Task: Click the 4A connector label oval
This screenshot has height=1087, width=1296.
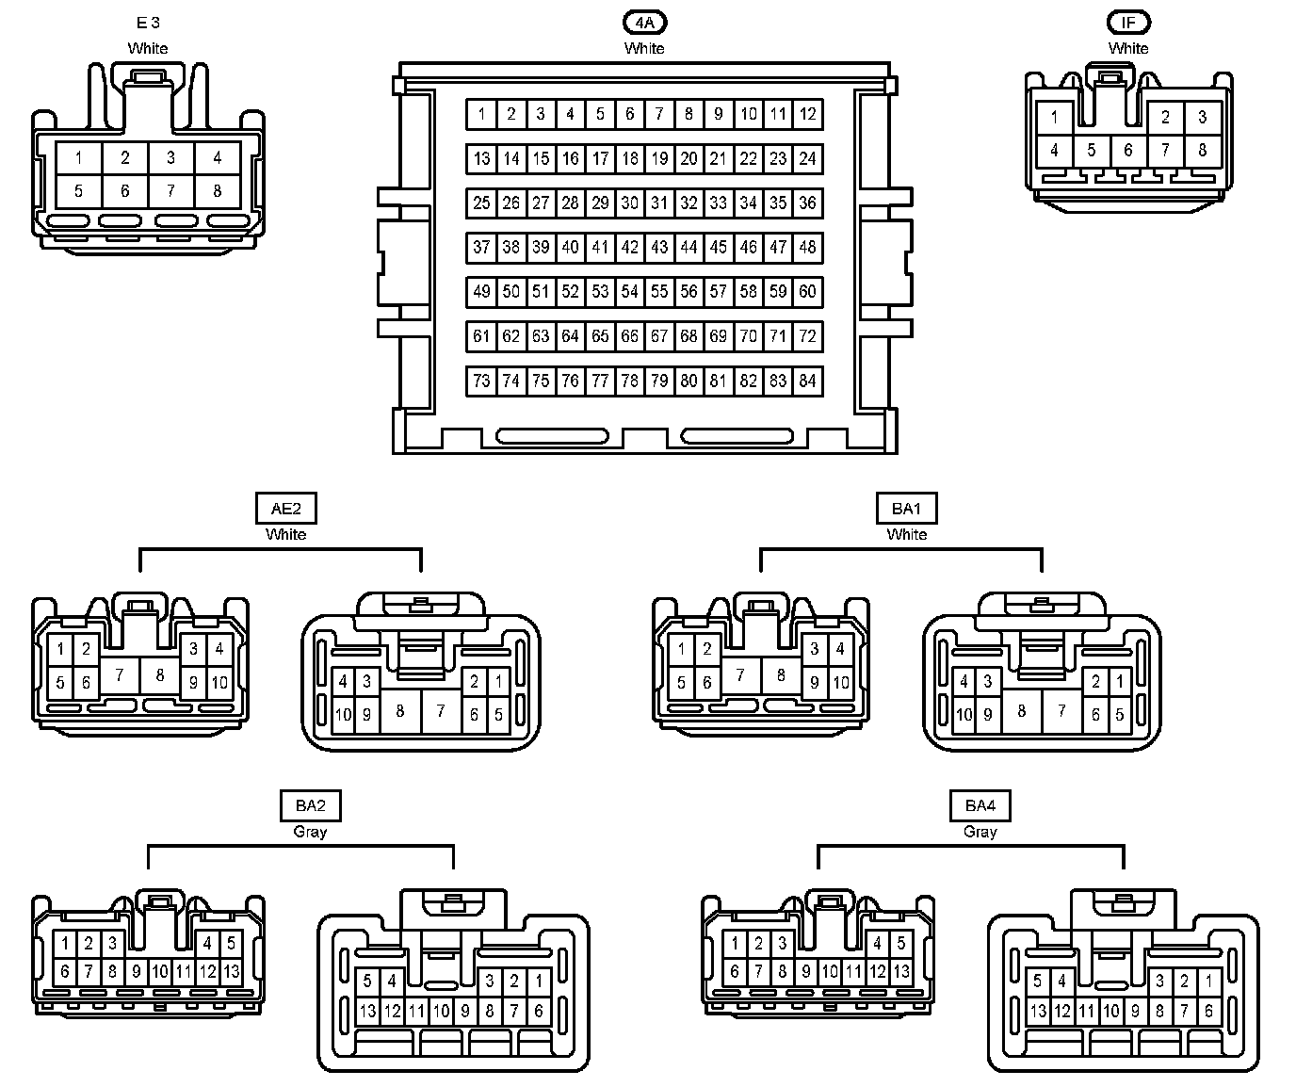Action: point(644,22)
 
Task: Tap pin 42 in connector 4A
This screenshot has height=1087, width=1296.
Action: point(629,248)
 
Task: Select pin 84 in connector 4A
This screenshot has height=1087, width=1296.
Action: point(807,381)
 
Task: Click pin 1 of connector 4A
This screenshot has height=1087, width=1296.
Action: point(481,114)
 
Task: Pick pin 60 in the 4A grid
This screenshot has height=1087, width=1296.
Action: point(807,292)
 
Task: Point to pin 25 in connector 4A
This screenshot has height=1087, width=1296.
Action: point(481,203)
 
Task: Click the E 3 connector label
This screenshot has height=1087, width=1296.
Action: point(148,23)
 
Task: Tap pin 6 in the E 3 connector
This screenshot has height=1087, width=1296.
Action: point(125,191)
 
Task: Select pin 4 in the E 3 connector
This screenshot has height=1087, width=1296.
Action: point(218,157)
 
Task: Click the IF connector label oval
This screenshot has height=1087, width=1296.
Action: point(1128,22)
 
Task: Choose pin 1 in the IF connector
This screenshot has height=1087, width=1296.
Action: point(1054,118)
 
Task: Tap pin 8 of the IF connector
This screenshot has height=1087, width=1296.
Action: point(1202,150)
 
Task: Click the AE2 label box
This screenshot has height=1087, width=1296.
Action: point(285,509)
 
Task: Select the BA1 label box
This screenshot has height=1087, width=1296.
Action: point(906,509)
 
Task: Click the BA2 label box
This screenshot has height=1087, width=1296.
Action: point(310,805)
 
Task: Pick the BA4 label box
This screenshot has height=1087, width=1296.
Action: point(980,805)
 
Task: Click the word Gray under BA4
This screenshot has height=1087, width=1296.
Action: point(980,832)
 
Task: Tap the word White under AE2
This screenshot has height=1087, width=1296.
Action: point(285,534)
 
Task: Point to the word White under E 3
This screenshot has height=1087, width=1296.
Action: point(148,48)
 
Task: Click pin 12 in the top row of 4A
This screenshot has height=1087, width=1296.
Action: point(807,114)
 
